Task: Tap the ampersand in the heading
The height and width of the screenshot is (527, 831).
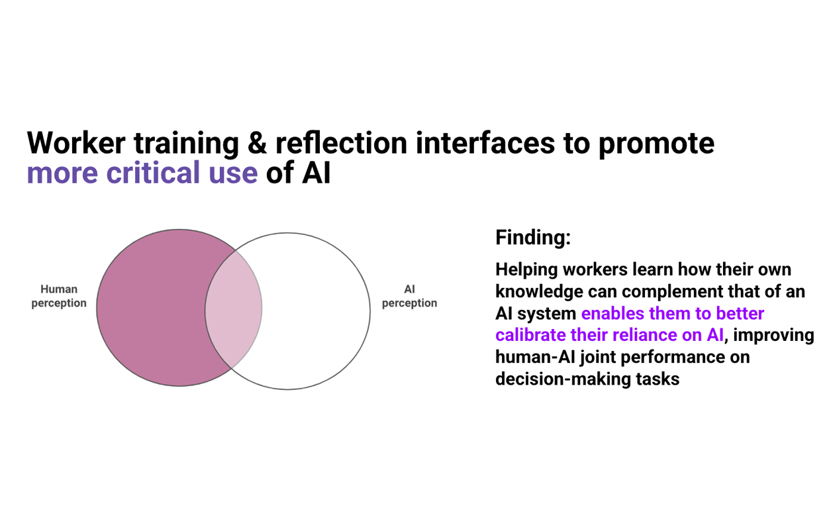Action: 257,144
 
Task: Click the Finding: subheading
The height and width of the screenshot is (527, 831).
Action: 532,237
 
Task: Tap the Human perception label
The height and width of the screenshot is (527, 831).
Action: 59,296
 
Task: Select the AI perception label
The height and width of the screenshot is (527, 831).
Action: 409,296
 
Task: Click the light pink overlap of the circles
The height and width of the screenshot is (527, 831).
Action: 233,308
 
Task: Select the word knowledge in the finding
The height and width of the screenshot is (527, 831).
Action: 539,291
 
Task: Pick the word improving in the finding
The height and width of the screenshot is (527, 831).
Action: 774,335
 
